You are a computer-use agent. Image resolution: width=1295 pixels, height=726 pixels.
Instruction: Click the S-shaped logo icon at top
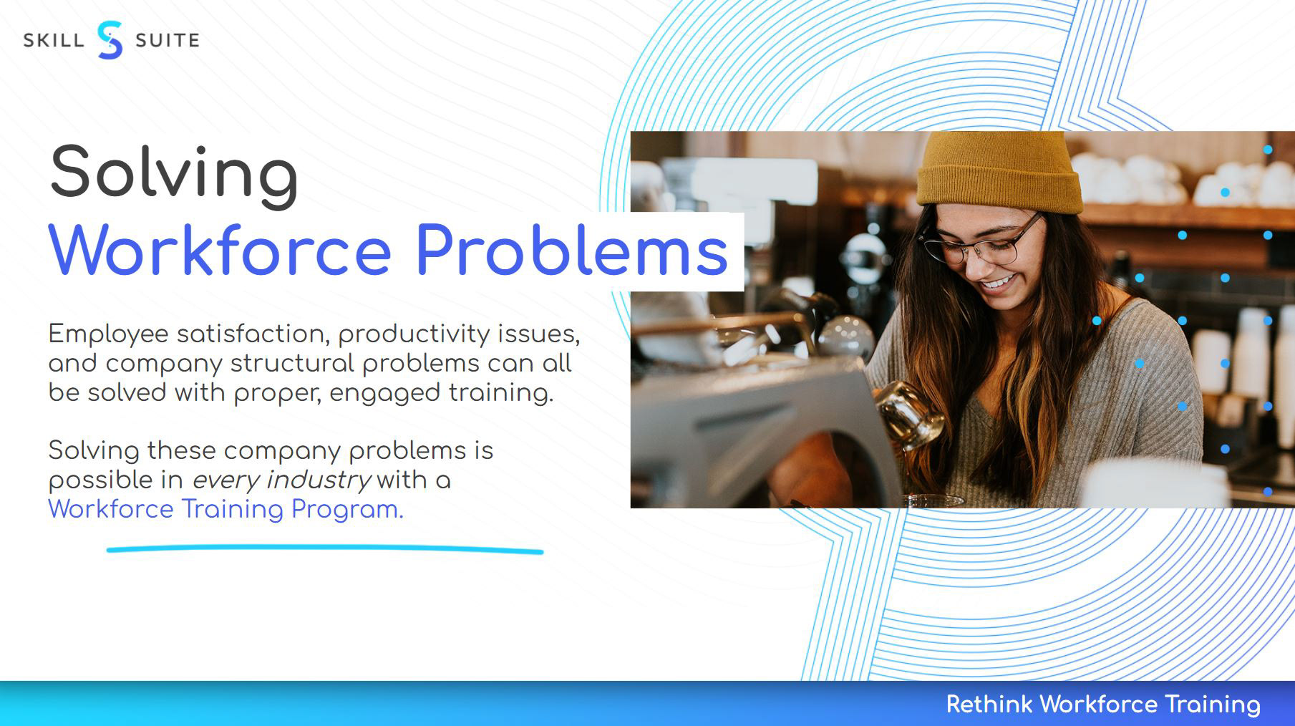coord(110,40)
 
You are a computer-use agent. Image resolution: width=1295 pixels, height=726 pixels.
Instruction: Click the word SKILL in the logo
coord(54,41)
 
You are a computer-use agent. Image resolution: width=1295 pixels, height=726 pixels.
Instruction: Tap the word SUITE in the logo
coord(168,41)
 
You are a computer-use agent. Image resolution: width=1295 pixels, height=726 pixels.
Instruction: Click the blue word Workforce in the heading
coord(220,250)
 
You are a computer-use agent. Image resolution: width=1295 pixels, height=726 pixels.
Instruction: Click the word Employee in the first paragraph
coord(108,334)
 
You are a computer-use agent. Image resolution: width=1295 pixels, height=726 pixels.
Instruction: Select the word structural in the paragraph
coord(292,364)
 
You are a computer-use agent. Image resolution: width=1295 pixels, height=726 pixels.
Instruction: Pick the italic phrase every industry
coord(281,480)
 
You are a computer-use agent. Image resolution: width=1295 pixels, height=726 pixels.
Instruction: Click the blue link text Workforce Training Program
coord(226,510)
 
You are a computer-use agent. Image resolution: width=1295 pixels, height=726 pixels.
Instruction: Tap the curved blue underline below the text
coord(325,549)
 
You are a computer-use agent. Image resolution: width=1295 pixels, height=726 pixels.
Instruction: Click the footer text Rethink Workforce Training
coord(1103,705)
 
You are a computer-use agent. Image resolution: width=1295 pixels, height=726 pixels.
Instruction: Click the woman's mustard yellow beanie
coord(1000,173)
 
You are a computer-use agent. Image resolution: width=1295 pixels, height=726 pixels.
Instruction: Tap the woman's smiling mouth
coord(997,283)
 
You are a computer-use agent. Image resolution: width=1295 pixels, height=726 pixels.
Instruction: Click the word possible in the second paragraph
coord(101,480)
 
